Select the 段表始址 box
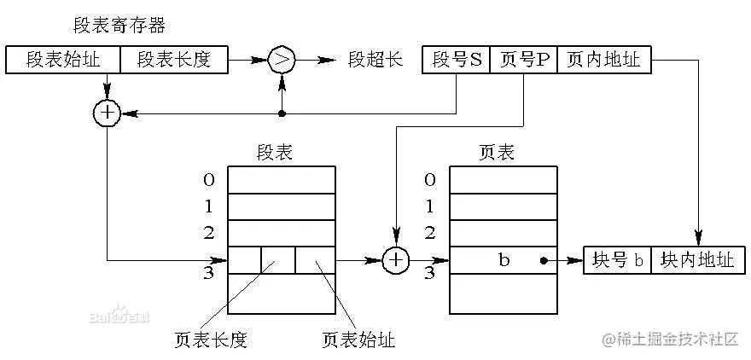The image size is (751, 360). (x=63, y=61)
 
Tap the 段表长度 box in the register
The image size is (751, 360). (x=175, y=61)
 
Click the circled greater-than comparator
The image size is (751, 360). (x=282, y=61)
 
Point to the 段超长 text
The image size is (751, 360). (x=375, y=61)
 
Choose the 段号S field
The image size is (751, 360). (x=457, y=61)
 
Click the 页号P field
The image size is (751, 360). (x=523, y=61)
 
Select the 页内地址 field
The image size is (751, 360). (x=603, y=61)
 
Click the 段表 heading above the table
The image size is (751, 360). (x=275, y=152)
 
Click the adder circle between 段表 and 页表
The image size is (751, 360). (x=395, y=260)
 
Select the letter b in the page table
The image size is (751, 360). (x=504, y=260)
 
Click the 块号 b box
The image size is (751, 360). (x=617, y=260)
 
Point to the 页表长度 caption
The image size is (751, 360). (x=210, y=340)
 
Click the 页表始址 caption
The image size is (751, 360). (x=358, y=340)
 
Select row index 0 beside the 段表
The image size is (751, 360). (x=209, y=179)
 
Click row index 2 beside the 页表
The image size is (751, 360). (x=430, y=232)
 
